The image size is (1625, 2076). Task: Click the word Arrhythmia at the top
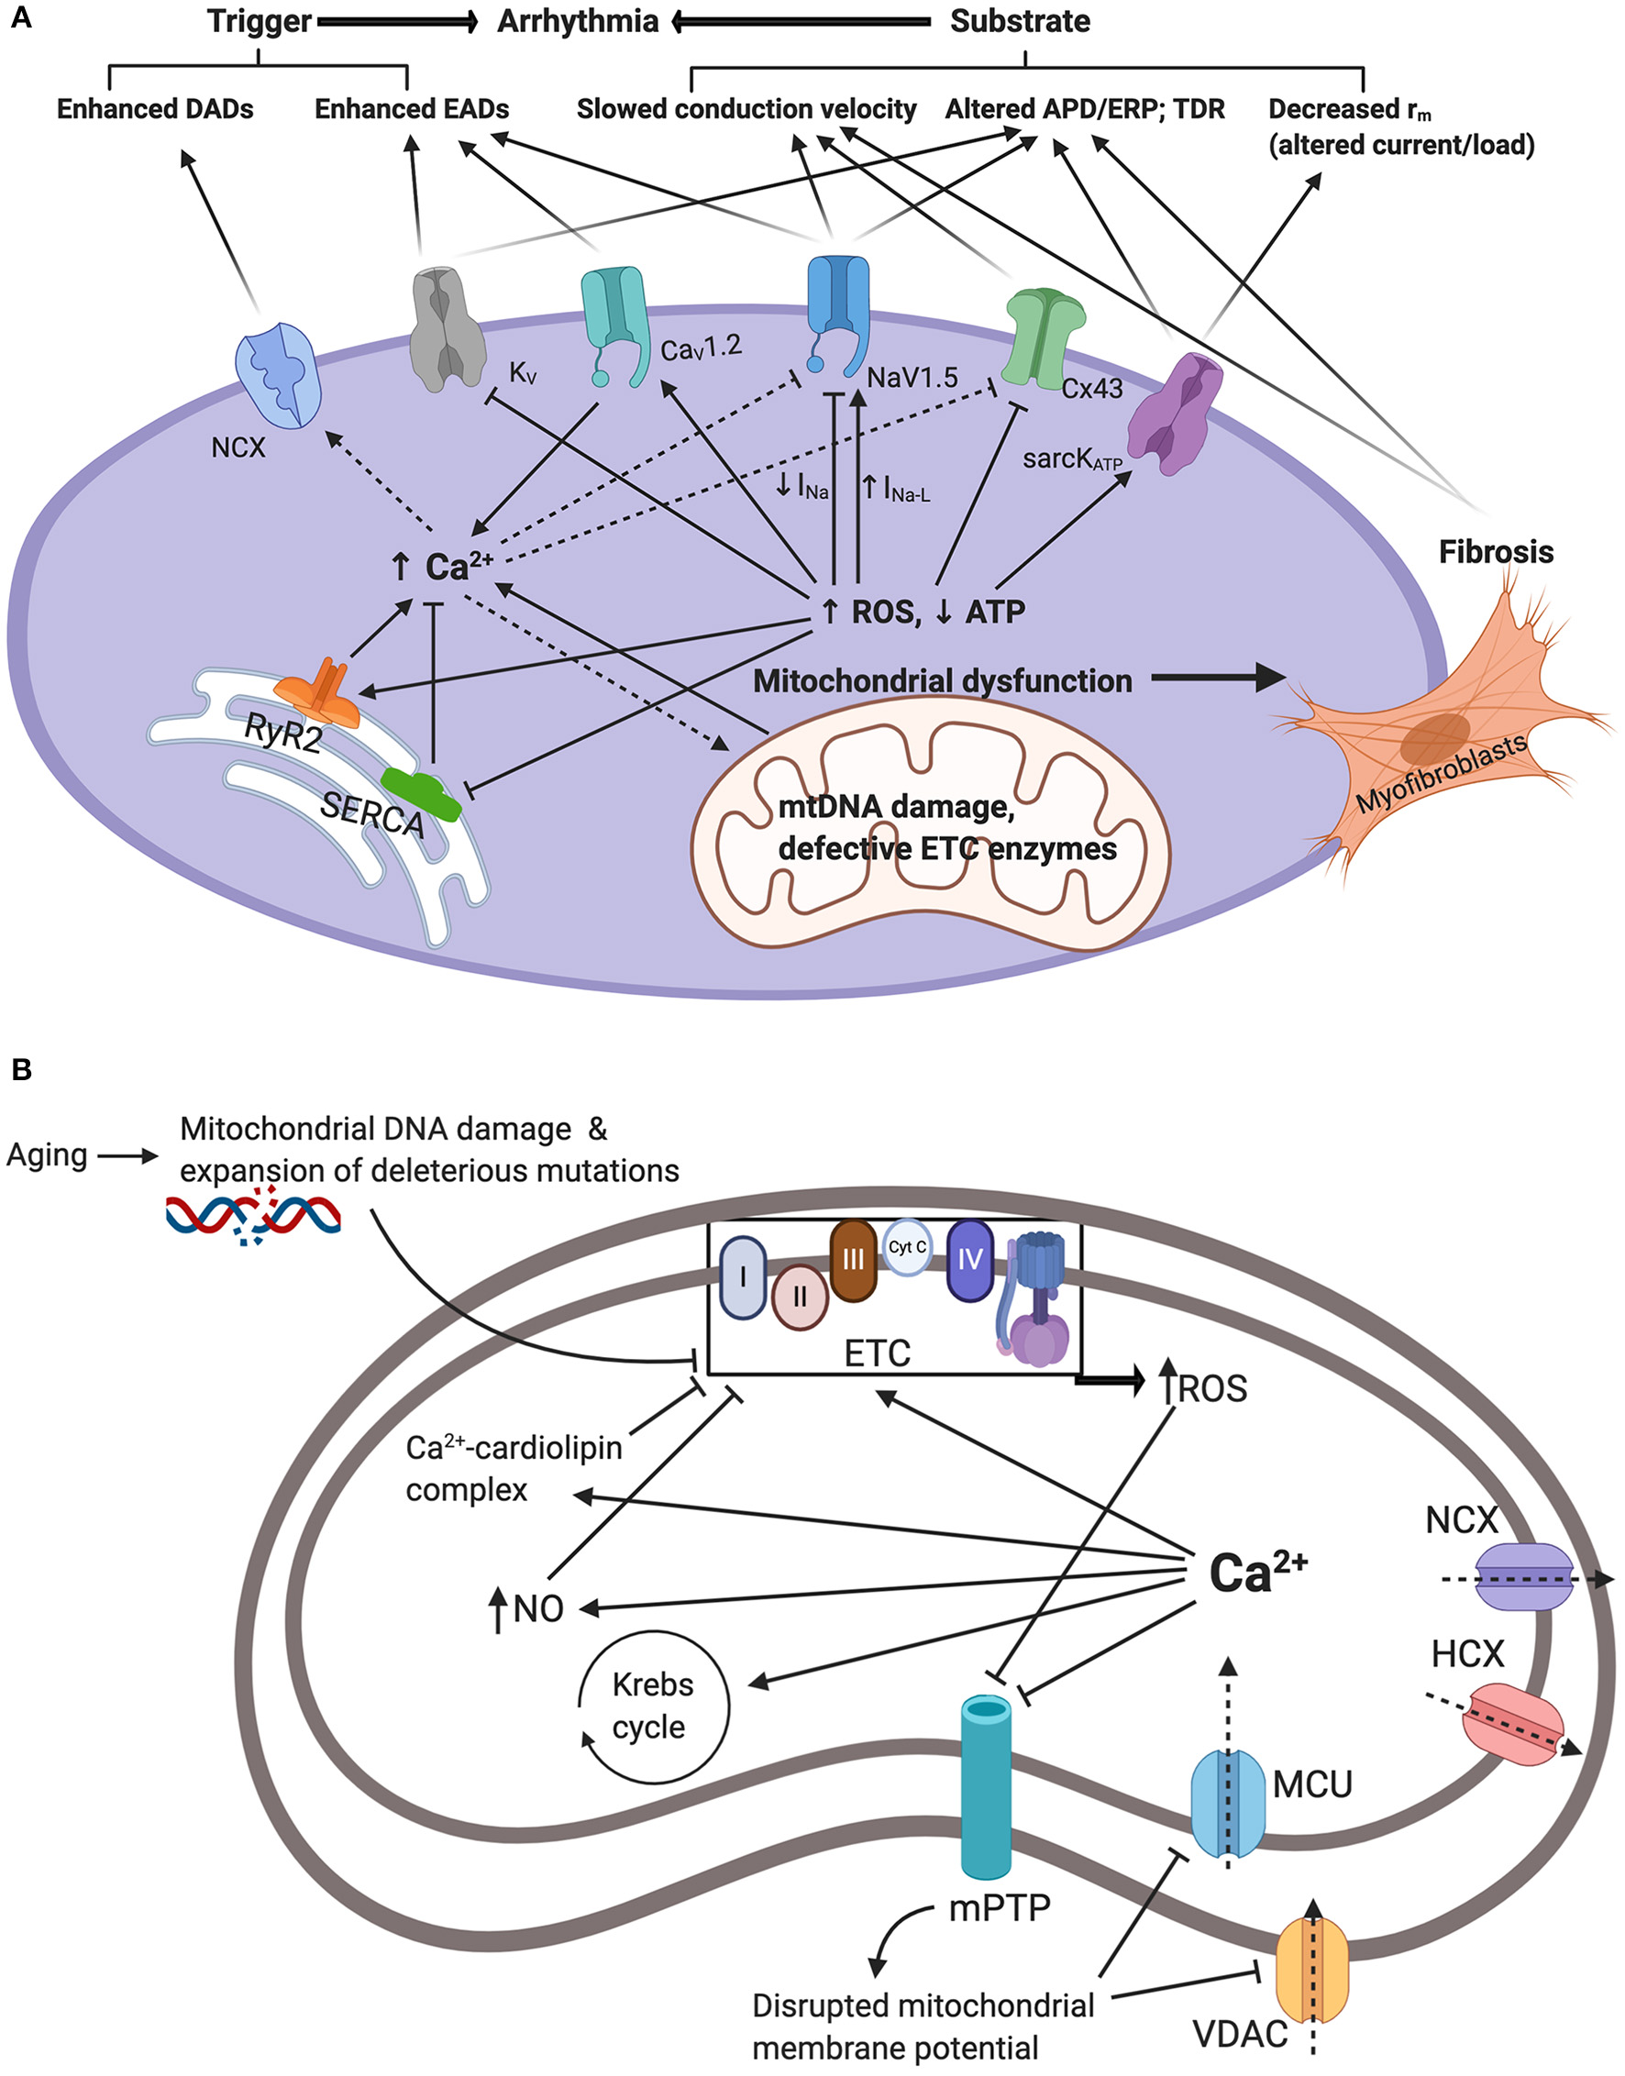578,21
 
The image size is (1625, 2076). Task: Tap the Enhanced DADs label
155,109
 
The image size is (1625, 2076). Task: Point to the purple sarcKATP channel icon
1174,414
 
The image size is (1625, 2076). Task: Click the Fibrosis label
1496,552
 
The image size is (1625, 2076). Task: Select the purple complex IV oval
970,1261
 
